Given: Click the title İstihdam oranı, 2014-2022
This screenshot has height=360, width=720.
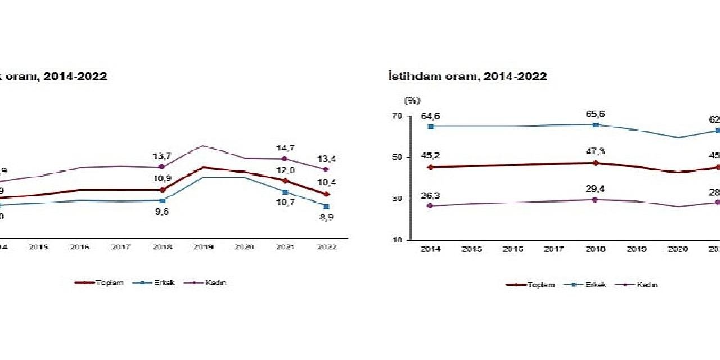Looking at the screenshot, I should pos(467,76).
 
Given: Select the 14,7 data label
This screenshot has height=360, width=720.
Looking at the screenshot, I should pos(285,148).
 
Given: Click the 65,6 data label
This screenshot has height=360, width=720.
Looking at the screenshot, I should pos(596,114).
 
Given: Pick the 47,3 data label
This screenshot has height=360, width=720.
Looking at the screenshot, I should pos(596,151).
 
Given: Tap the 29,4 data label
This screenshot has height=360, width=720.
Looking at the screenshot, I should pos(596,188).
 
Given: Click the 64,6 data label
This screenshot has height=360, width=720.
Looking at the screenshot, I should pos(430,116).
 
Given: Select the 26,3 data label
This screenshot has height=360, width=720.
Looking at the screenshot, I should pos(430,195).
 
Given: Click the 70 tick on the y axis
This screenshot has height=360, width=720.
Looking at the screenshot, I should pos(398,116).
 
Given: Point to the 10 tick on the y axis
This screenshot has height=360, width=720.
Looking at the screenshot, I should pos(398,240).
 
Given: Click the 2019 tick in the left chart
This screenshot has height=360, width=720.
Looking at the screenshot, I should pos(202,247).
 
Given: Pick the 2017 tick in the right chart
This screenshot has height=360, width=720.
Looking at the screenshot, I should pos(554,249).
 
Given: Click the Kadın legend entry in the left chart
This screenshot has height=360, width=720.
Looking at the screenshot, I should pos(217,282).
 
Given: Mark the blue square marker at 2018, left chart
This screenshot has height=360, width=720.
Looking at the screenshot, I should pos(162,200).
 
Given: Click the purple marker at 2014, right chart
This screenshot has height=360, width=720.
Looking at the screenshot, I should pos(430,206).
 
